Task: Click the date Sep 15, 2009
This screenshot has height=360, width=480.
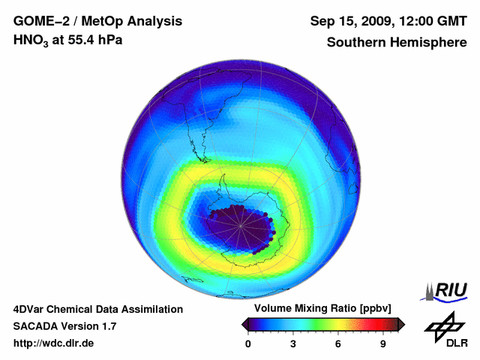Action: [x=350, y=21]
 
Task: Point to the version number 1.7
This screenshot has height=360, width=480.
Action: [x=107, y=326]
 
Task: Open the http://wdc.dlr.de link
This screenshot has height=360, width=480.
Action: [x=53, y=343]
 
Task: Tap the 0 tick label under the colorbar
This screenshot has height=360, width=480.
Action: [x=248, y=343]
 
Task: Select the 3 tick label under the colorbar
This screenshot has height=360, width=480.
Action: [x=293, y=343]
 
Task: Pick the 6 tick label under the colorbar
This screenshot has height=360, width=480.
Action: [x=338, y=343]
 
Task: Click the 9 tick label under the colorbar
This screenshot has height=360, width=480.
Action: [x=383, y=343]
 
